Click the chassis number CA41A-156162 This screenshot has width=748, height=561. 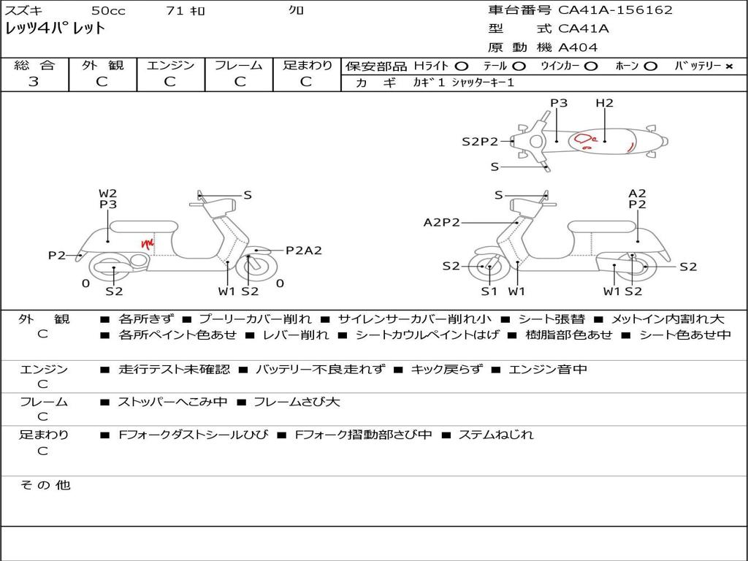click(615, 10)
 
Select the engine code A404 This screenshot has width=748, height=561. click(578, 47)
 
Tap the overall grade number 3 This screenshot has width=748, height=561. click(34, 82)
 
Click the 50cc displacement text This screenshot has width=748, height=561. click(108, 10)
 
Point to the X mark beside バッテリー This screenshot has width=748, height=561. click(729, 66)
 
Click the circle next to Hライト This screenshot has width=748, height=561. click(462, 66)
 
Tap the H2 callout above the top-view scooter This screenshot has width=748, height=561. click(604, 102)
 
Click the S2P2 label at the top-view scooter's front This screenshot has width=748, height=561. click(480, 141)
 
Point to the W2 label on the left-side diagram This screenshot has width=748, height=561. click(108, 193)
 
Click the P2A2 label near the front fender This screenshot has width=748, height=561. click(304, 251)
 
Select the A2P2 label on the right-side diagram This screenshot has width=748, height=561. click(442, 222)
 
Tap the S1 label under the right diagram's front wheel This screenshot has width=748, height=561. click(489, 291)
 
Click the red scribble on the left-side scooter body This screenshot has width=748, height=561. click(148, 243)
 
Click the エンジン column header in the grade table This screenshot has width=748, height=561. click(171, 65)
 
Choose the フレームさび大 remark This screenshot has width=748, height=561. click(297, 402)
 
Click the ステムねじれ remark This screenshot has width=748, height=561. click(496, 435)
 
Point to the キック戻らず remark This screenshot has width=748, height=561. click(447, 369)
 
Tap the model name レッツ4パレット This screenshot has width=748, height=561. click(55, 28)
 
